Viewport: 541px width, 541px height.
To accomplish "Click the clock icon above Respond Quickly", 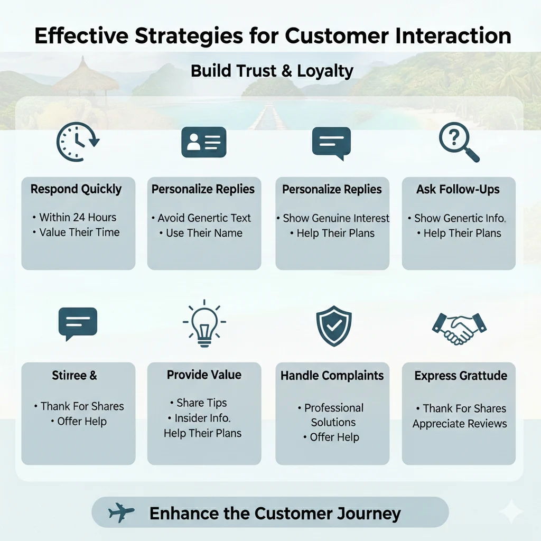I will (78, 142).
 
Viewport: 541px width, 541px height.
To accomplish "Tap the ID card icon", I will (203, 142).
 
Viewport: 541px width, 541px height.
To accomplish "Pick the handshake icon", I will (459, 328).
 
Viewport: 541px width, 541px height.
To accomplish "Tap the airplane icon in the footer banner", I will (121, 512).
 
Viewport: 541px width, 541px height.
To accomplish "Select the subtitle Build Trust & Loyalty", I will (272, 71).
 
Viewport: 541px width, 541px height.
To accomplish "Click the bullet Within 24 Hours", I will (78, 217).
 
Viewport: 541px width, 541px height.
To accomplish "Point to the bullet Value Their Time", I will (79, 232).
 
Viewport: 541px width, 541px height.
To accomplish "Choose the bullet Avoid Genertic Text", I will (203, 218).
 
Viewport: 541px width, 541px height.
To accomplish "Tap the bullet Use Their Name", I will (204, 232).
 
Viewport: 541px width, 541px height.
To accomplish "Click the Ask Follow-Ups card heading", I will (459, 189).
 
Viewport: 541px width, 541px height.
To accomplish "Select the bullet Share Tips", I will (201, 403).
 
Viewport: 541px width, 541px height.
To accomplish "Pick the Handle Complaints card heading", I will (332, 376).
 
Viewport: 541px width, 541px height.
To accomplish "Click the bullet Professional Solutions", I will (333, 415).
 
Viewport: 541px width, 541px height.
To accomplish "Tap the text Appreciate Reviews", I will (460, 423).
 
